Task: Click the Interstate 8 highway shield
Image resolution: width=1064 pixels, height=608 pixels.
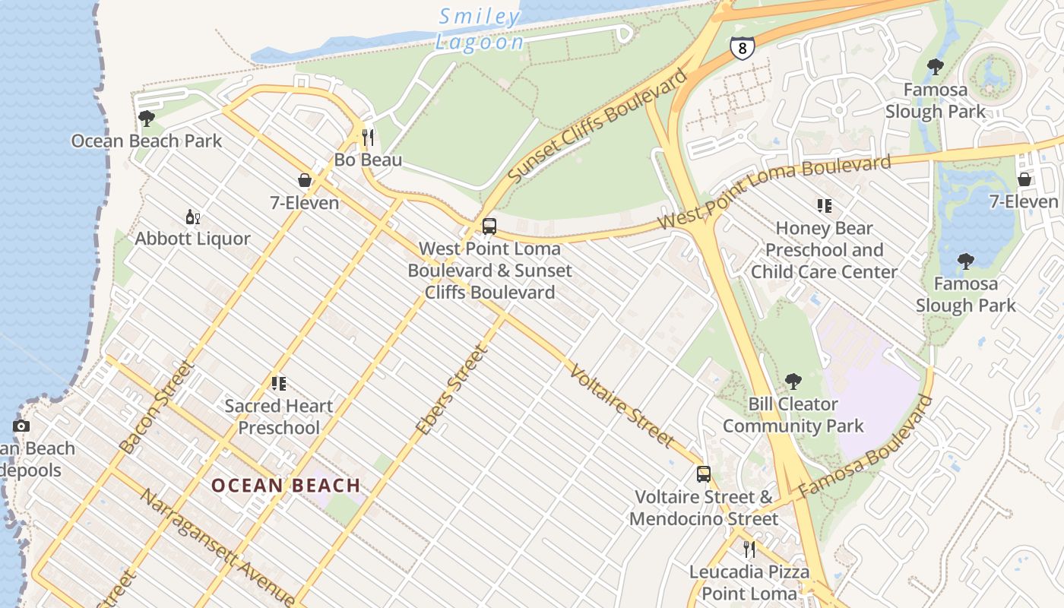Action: click(x=742, y=47)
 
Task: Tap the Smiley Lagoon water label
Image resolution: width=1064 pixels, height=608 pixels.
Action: click(x=480, y=29)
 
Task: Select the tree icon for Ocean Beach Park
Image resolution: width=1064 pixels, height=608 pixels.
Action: click(x=147, y=119)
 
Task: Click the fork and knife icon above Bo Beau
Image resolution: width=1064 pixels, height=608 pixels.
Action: click(x=368, y=138)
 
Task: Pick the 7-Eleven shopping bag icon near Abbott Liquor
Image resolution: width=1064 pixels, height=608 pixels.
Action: click(x=305, y=180)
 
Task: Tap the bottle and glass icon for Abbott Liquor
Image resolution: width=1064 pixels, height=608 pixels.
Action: click(x=193, y=217)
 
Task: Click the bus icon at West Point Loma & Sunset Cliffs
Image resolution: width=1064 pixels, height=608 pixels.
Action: click(x=489, y=226)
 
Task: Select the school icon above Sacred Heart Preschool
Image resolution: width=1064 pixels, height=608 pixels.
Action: click(x=279, y=384)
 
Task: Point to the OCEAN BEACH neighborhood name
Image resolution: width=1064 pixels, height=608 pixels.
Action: click(x=286, y=486)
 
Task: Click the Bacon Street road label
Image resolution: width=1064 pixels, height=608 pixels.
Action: click(x=158, y=407)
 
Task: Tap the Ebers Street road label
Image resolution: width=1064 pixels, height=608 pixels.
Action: click(x=450, y=391)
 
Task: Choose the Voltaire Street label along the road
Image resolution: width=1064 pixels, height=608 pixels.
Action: click(x=622, y=407)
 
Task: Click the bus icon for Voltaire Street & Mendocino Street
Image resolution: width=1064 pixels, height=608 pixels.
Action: click(x=704, y=474)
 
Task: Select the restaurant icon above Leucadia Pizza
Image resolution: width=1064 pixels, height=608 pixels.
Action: click(x=749, y=549)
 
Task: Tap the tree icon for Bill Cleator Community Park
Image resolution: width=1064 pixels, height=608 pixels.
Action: click(x=793, y=382)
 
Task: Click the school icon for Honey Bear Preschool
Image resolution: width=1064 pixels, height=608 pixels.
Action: click(x=825, y=206)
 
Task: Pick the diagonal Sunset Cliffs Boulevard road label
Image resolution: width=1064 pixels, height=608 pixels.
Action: click(x=597, y=125)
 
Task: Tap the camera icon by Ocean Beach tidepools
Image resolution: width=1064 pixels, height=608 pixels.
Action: click(x=21, y=426)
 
